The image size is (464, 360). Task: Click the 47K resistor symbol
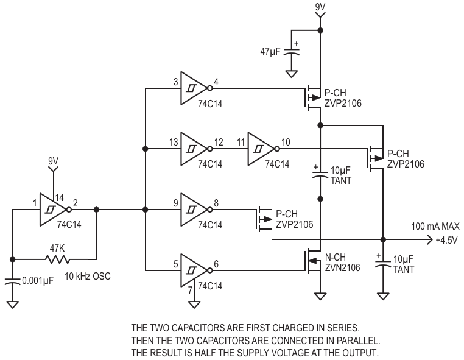(x=58, y=259)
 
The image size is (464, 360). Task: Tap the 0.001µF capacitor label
(x=38, y=281)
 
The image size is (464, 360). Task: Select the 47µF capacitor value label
(x=270, y=52)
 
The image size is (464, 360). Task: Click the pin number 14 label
(x=59, y=197)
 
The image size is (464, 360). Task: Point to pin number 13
(x=174, y=142)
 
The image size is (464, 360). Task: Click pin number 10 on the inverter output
(x=286, y=142)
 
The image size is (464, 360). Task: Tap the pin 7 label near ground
(x=190, y=290)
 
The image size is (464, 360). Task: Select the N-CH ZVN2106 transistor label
(x=343, y=263)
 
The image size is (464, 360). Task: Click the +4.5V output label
(x=447, y=240)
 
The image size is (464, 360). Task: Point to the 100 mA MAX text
(x=435, y=227)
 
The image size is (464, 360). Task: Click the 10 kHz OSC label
(x=88, y=276)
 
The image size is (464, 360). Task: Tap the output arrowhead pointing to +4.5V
(x=430, y=239)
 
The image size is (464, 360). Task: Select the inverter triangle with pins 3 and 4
(x=194, y=88)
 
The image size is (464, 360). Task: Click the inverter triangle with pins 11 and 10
(x=261, y=149)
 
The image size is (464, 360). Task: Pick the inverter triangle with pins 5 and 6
(x=194, y=270)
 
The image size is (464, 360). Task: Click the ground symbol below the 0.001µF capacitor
(x=12, y=305)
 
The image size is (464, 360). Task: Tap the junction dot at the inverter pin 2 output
(x=96, y=210)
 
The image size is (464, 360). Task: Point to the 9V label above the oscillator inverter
(x=53, y=161)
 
